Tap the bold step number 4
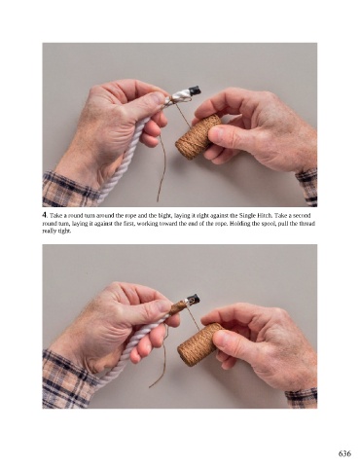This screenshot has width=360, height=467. [x=45, y=215]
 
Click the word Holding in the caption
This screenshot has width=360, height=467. [x=240, y=224]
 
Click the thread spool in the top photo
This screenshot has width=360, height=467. [x=198, y=137]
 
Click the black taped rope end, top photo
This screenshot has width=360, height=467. [x=196, y=90]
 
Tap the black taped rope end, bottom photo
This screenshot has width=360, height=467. [x=195, y=299]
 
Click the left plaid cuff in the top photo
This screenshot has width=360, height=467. [x=70, y=190]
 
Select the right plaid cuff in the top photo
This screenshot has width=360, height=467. [x=306, y=187]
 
